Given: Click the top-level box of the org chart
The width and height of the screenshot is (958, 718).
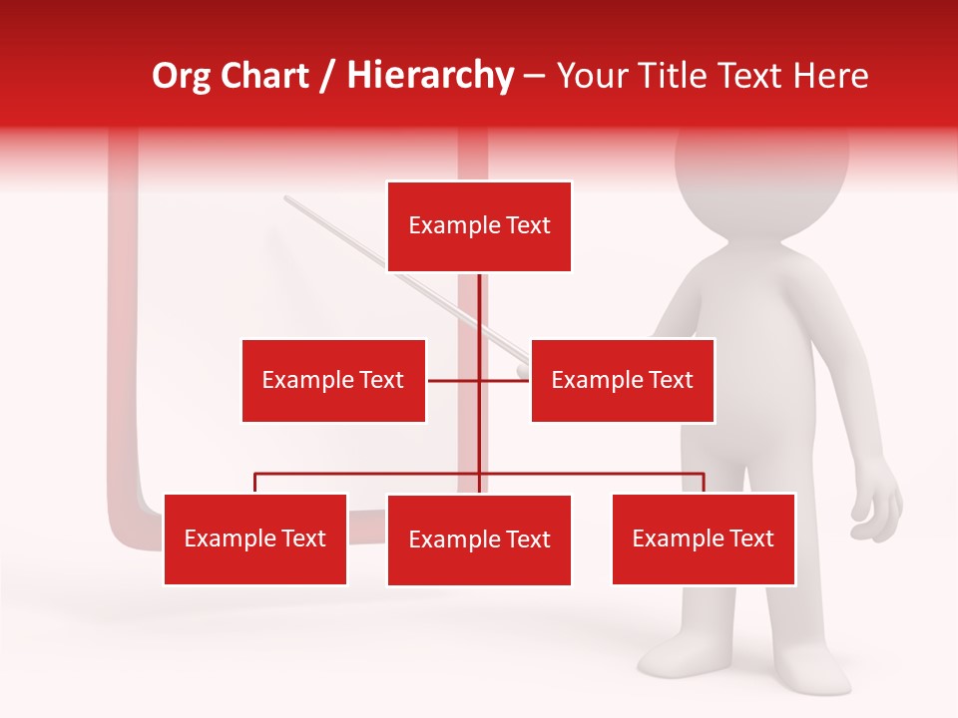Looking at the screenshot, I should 479,226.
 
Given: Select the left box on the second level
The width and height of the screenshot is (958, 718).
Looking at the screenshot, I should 333,380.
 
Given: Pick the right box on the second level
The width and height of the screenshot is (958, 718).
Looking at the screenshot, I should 622,380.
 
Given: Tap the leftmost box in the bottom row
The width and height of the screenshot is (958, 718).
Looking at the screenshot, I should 255,538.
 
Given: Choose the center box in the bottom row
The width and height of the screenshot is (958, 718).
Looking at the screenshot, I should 479,539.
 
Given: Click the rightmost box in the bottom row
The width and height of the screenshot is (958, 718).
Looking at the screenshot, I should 704,538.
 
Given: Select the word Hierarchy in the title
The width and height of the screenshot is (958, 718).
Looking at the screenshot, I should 430,76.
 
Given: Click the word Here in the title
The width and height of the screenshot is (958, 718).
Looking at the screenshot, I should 831,76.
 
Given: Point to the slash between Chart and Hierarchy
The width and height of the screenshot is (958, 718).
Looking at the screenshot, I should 328,76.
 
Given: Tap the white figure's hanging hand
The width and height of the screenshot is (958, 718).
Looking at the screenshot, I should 877,504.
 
